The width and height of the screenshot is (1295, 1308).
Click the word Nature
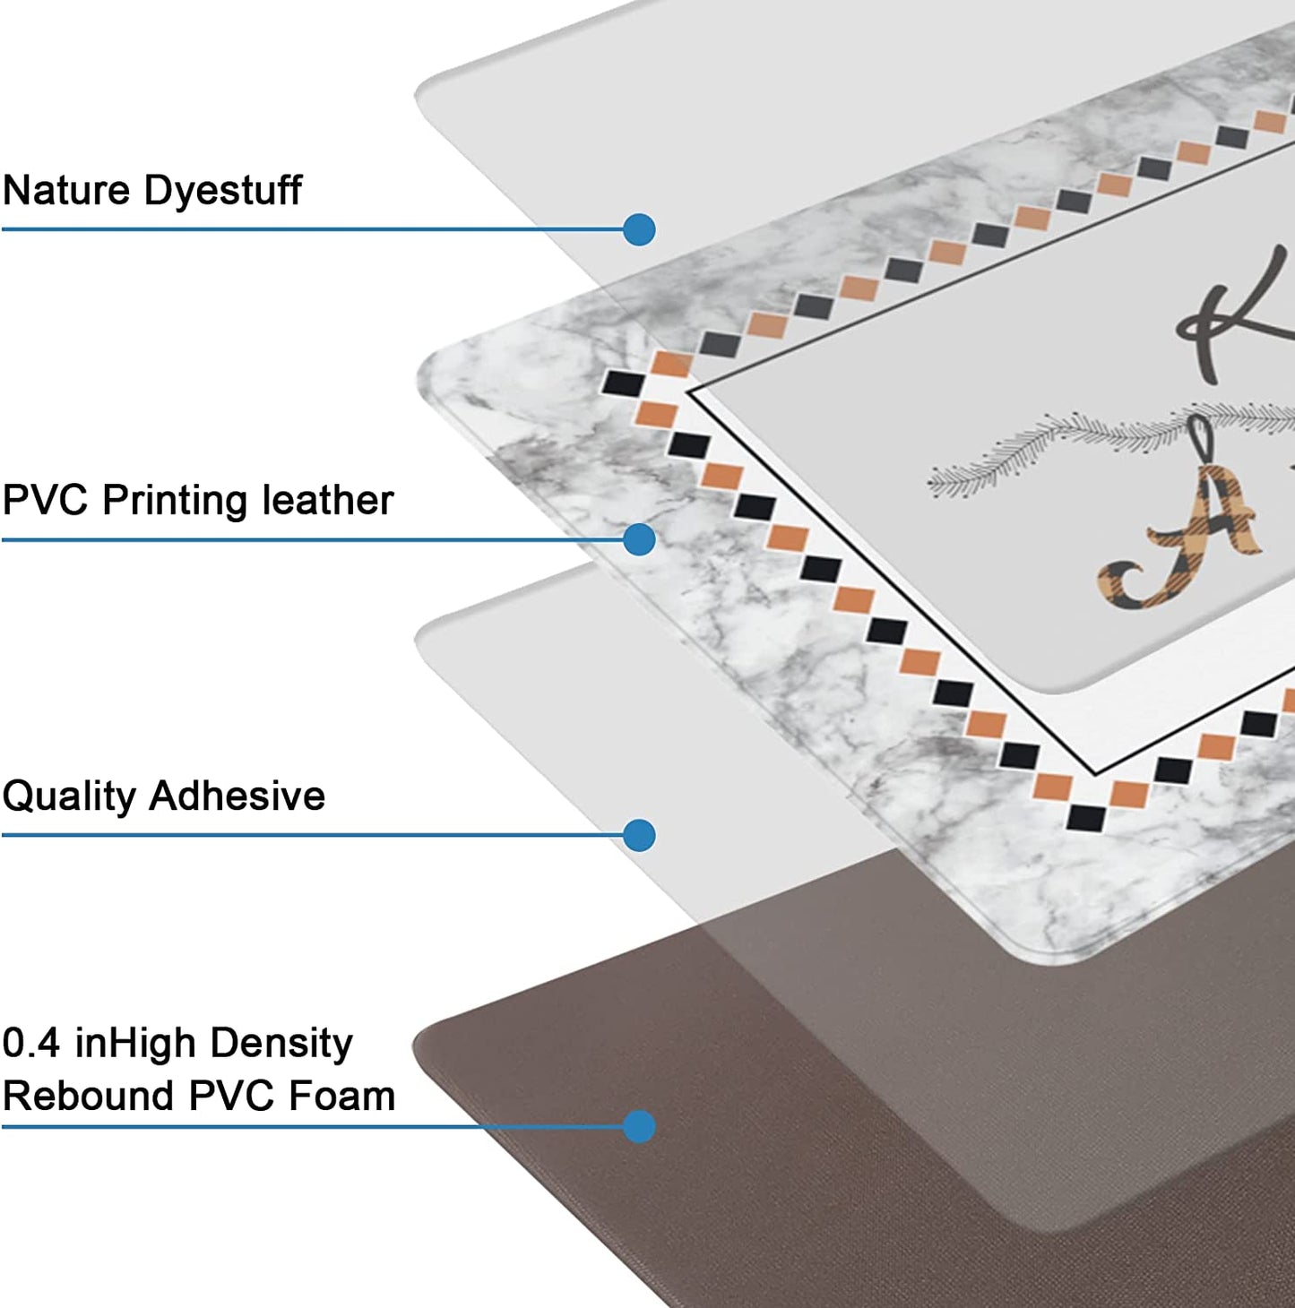pos(65,190)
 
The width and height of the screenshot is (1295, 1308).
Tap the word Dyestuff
pos(222,190)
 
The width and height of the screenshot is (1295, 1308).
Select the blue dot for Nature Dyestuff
pos(639,229)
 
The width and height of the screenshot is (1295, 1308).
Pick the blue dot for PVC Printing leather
pos(639,539)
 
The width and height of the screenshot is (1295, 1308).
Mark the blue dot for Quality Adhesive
pos(639,835)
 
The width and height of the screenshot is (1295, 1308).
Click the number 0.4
pos(31,1043)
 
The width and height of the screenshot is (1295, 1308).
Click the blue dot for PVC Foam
pos(639,1126)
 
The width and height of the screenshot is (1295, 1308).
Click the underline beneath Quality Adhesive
pos(314,835)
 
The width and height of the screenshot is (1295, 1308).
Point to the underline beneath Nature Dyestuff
pos(314,229)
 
